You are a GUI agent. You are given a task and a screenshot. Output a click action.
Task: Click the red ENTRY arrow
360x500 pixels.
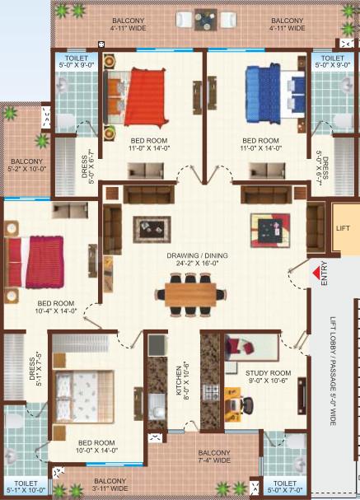click(x=316, y=273)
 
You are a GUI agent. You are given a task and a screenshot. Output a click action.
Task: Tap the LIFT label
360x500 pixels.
click(x=343, y=228)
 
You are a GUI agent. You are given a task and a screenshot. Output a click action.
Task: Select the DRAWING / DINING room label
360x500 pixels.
click(x=198, y=259)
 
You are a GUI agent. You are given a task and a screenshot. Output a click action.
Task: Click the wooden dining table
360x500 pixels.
click(x=190, y=294)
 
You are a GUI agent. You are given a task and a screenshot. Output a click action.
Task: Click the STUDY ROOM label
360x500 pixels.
click(x=269, y=376)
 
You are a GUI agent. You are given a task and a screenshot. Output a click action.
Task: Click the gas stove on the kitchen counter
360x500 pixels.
click(x=211, y=393)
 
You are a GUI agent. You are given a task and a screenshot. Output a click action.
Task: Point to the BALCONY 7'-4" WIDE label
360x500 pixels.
click(x=214, y=456)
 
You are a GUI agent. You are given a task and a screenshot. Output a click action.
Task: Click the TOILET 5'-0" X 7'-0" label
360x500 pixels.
click(x=285, y=487)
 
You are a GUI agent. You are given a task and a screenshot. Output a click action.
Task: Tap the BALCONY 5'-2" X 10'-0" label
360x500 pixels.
click(x=27, y=166)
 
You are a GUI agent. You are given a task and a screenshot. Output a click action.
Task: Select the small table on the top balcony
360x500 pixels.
click(x=206, y=20)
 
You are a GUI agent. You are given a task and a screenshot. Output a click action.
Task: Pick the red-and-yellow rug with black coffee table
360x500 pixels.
click(x=270, y=230)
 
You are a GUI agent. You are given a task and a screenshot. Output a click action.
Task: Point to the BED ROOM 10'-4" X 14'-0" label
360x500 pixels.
click(x=56, y=307)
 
